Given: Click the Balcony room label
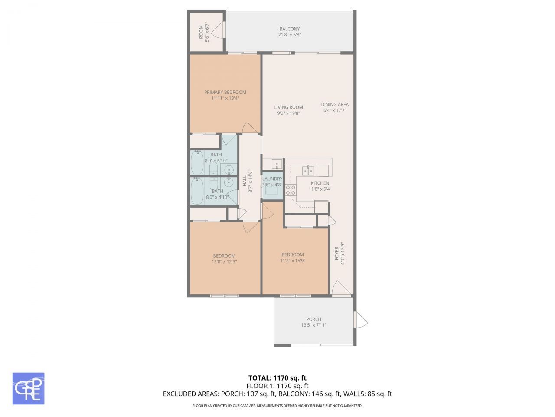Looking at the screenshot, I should coord(289,29).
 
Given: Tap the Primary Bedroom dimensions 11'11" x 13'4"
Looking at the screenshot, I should coord(225,99).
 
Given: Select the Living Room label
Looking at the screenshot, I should coord(288,107).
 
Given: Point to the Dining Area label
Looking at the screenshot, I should coord(335,104).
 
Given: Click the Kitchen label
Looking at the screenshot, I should coord(320,183).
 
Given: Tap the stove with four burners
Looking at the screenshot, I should coord(291,190).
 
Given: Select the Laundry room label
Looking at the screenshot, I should coord(272,179).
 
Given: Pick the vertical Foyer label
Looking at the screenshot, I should coord(336,254).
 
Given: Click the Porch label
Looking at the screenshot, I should coord(313,319).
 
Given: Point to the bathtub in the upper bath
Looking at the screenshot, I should coord(198,162).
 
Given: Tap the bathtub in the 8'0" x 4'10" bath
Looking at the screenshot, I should coord(198,191).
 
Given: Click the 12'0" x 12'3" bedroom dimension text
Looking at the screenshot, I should coord(224,262).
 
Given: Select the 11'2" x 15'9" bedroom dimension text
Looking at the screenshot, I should coord(292,261).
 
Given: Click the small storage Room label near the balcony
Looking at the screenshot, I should coord(201,32).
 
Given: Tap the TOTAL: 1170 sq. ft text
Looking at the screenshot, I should coord(277,378).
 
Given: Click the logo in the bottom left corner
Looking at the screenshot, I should coord(28,388).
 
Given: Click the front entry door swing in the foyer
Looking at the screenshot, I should coord(340,288).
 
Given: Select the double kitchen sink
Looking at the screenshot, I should coord(308,170).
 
